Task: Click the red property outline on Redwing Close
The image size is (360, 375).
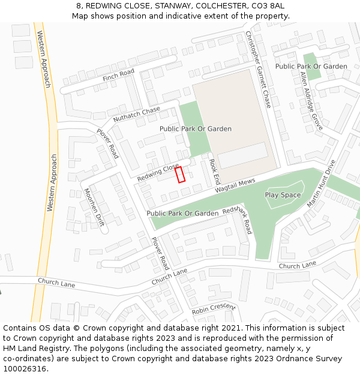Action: coord(180,175)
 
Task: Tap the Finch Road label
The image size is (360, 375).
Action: coord(118,75)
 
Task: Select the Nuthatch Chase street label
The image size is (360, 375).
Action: coord(137,113)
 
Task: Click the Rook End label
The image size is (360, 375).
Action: coord(215,172)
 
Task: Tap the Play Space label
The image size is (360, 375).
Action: coord(283,195)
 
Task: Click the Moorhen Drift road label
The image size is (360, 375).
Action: coord(94,207)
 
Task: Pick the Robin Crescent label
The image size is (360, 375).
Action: coord(214,310)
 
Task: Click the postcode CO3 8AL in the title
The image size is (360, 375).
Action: coord(269,5)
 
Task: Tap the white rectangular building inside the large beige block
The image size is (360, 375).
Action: coord(242,155)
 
